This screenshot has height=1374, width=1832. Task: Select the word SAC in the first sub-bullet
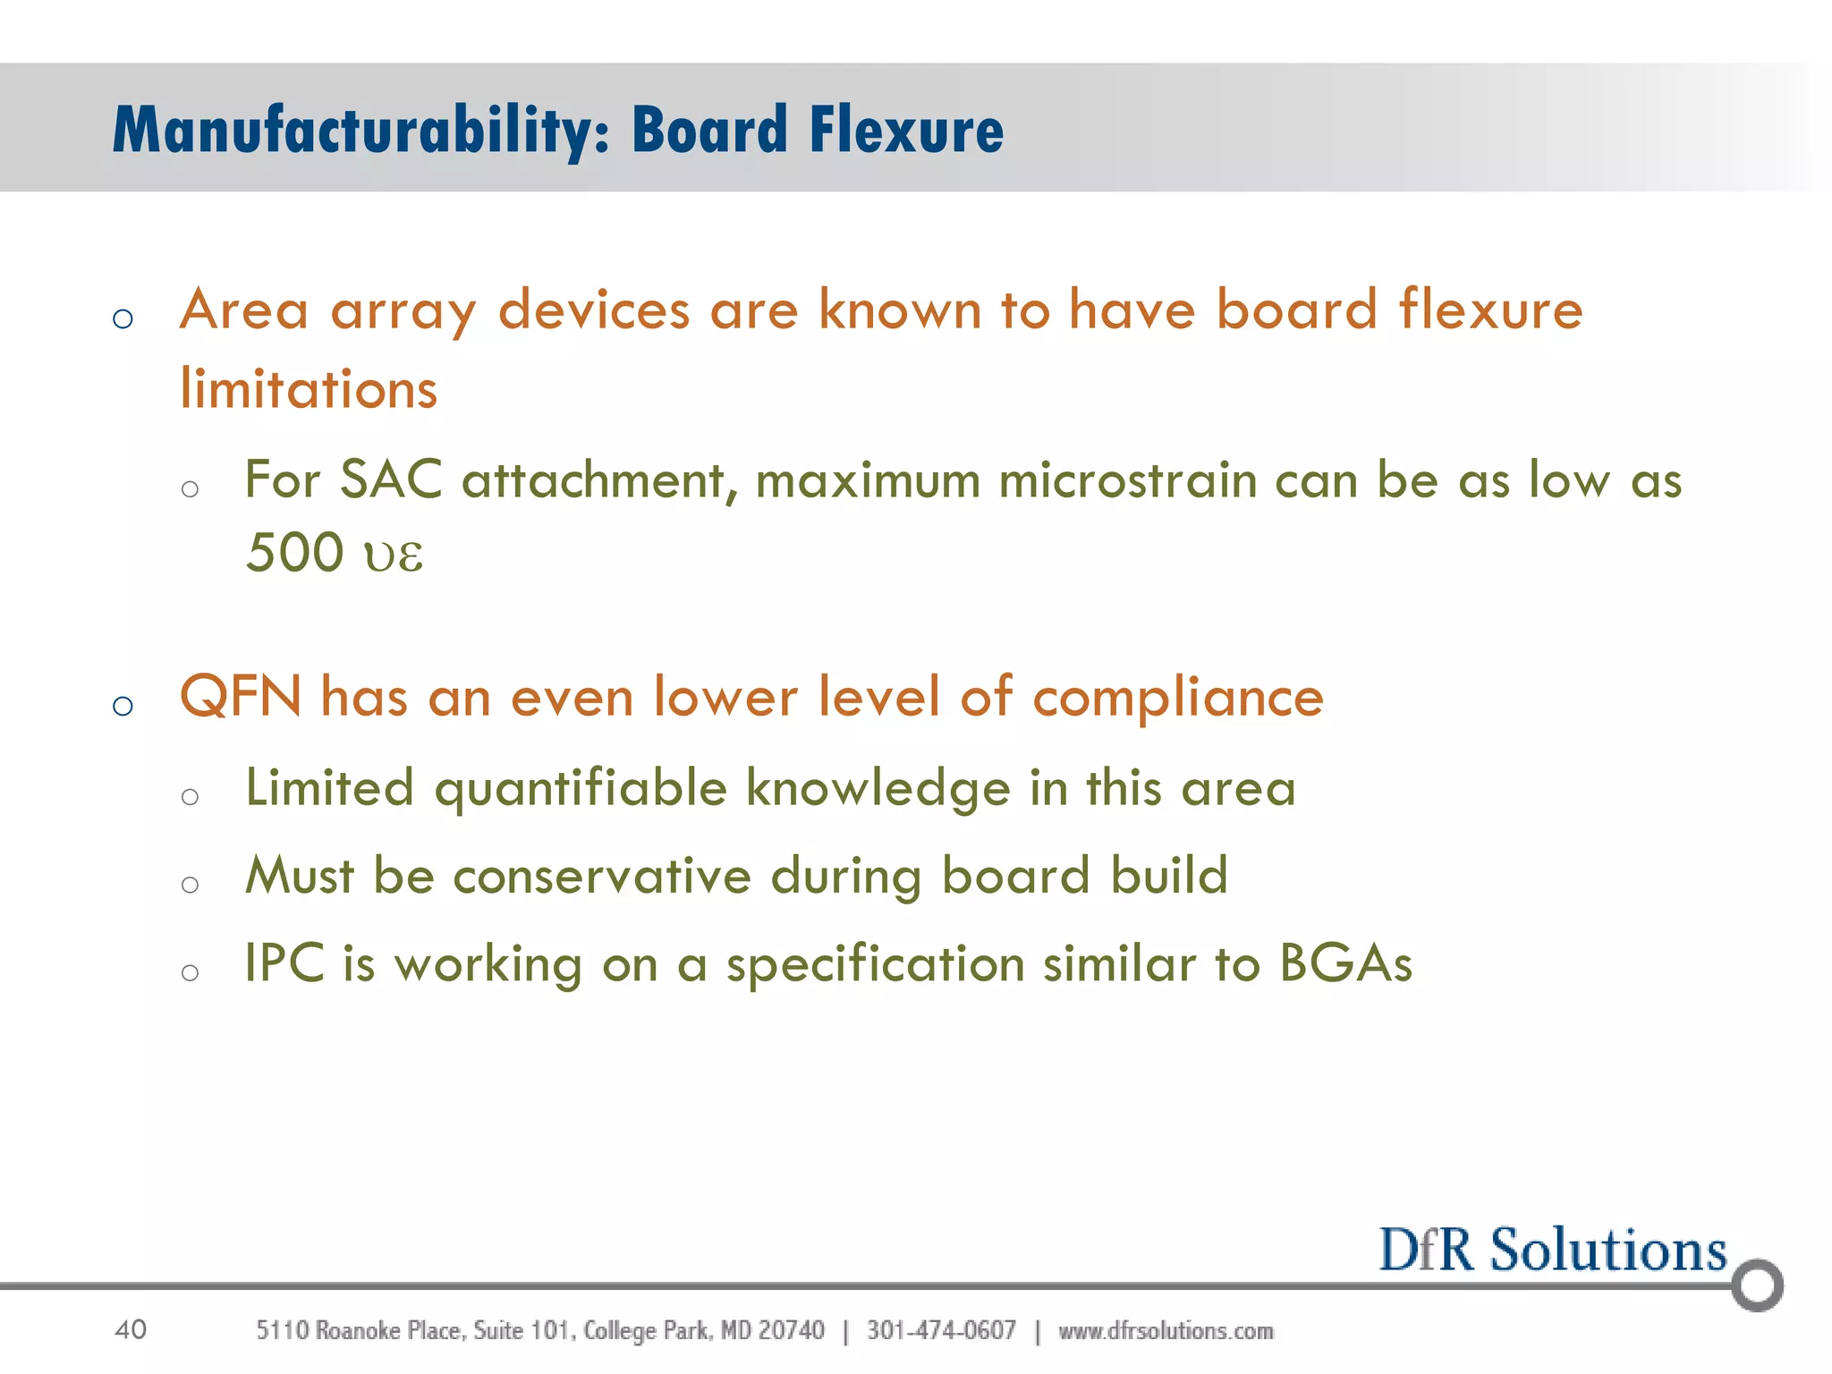pyautogui.click(x=391, y=480)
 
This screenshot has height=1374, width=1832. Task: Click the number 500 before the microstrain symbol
pyautogui.click(x=294, y=553)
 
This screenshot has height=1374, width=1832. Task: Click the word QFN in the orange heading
pyautogui.click(x=240, y=698)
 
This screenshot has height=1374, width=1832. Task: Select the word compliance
pyautogui.click(x=1177, y=698)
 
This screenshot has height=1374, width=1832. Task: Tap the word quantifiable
pyautogui.click(x=581, y=790)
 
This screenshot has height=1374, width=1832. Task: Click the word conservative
pyautogui.click(x=601, y=876)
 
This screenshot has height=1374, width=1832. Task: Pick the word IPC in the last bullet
pyautogui.click(x=284, y=964)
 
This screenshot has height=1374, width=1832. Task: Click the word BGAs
pyautogui.click(x=1344, y=964)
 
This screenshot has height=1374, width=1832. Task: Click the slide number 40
pyautogui.click(x=131, y=1330)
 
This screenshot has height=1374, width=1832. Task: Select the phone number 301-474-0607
pyautogui.click(x=941, y=1331)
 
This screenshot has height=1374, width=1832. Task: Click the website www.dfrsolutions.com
pyautogui.click(x=1166, y=1331)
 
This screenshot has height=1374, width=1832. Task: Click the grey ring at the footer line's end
pyautogui.click(x=1757, y=1285)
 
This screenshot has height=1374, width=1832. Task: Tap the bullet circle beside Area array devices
pyautogui.click(x=123, y=318)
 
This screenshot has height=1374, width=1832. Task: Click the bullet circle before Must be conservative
pyautogui.click(x=190, y=885)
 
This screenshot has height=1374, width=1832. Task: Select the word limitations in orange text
pyautogui.click(x=309, y=390)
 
